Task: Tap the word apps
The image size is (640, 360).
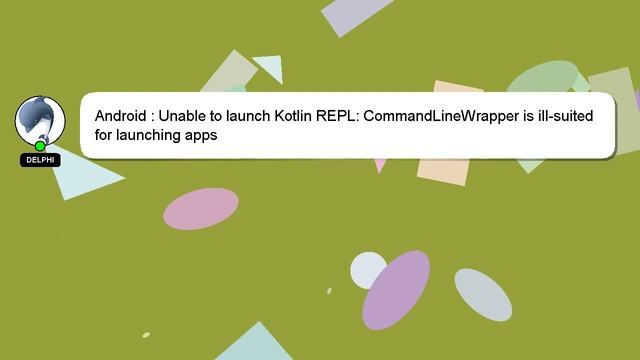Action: [201, 136]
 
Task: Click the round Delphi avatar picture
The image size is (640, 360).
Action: [40, 120]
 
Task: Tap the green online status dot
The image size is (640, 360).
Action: [41, 146]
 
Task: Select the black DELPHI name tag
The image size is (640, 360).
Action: [40, 160]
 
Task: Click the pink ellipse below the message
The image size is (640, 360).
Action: [201, 207]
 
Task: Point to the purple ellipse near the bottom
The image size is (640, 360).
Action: [396, 289]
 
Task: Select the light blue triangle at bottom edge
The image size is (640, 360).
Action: [255, 345]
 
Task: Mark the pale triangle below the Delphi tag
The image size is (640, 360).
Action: [80, 176]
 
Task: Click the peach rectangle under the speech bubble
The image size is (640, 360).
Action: [443, 170]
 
